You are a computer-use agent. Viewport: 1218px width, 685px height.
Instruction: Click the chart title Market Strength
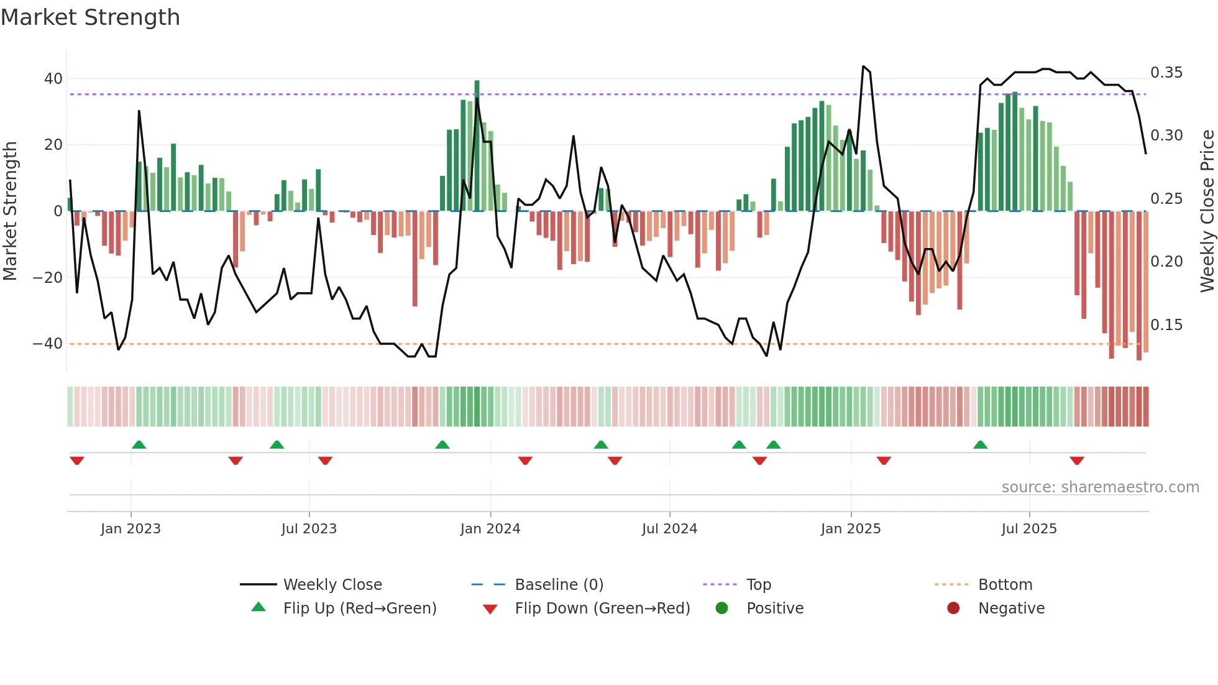coord(90,17)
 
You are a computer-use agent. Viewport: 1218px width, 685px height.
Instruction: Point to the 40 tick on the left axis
coord(53,79)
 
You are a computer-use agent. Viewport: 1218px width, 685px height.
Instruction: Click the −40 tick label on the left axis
coord(48,344)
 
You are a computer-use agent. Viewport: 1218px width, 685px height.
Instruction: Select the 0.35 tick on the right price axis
coord(1166,73)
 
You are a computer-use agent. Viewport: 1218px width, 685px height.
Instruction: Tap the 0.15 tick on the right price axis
coord(1166,325)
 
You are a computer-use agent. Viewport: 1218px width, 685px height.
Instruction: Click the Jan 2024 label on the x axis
coord(490,529)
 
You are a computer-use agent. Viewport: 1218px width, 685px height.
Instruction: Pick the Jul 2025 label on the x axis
coord(1029,529)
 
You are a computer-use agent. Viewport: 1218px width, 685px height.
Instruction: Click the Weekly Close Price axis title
coord(1207,211)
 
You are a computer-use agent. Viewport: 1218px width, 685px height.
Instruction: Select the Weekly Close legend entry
coord(332,585)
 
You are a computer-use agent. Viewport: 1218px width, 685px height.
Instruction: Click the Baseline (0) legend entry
coord(559,585)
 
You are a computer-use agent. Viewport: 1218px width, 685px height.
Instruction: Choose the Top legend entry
coord(758,585)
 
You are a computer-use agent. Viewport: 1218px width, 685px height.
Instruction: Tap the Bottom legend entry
coord(1005,585)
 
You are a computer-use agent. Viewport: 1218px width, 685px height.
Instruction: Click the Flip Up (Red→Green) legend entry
coord(359,609)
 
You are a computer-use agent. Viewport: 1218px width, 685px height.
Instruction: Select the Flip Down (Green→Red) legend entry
coord(602,609)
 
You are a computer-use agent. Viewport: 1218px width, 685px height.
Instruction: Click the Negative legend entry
coord(1011,609)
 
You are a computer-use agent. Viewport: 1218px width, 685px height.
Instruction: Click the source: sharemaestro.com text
coord(1100,487)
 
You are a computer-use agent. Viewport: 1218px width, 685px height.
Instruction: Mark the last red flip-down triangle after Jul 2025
coord(1077,461)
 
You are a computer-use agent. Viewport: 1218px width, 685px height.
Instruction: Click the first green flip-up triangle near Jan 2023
coord(139,444)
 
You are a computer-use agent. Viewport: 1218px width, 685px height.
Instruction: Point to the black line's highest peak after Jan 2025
coord(863,67)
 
